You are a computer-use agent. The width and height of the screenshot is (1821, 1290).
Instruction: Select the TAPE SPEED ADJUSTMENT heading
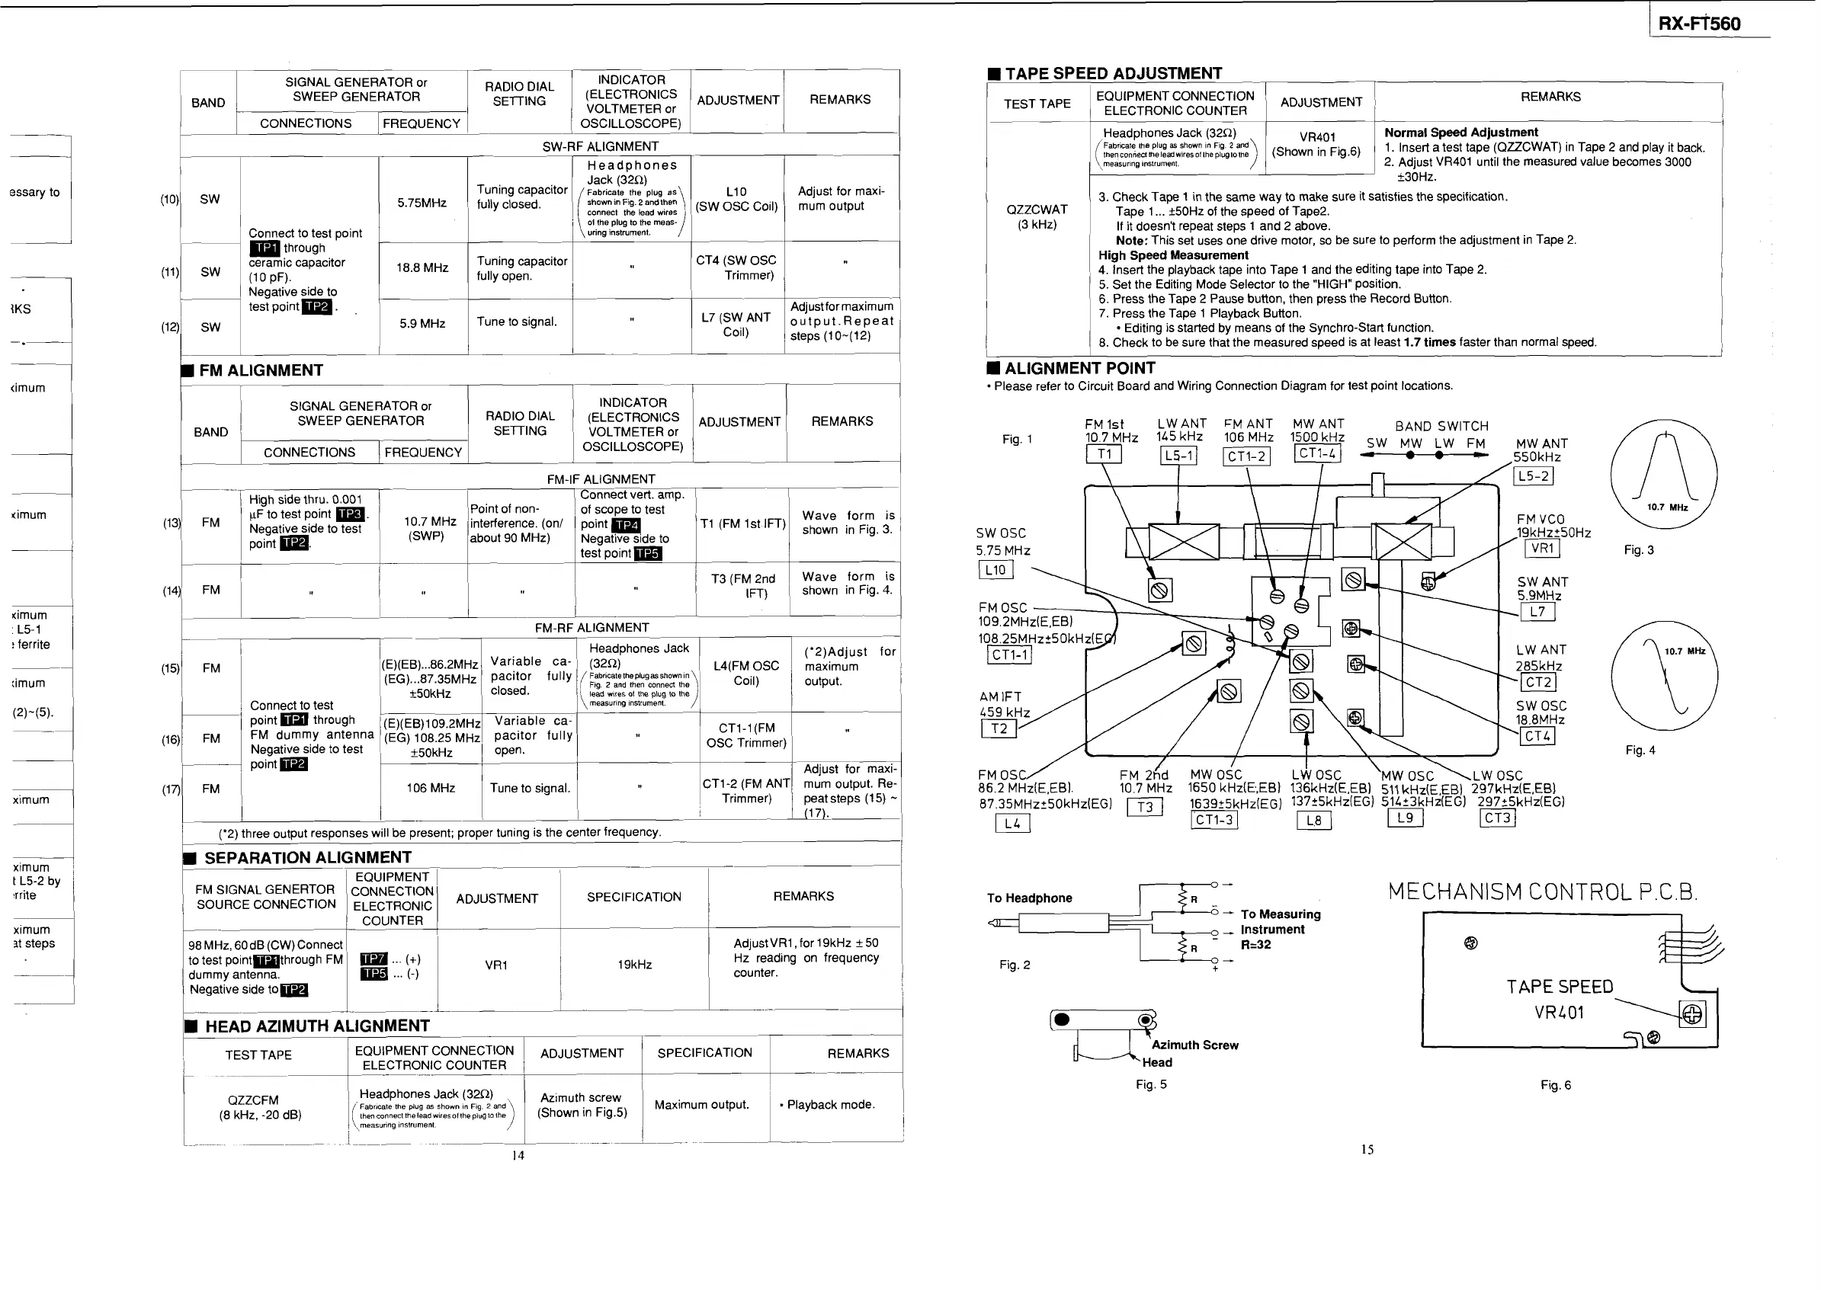1113,74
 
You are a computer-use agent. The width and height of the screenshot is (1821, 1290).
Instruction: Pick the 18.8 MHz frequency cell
423,268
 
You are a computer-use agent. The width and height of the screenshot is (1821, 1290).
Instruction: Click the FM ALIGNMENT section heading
261,371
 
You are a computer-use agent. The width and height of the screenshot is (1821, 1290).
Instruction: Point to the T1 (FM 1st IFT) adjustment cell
742,524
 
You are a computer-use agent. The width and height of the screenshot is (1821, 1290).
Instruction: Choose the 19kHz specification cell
634,965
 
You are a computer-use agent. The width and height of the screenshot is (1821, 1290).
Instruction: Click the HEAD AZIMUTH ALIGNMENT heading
317,1026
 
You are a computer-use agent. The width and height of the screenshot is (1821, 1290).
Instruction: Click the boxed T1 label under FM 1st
1104,454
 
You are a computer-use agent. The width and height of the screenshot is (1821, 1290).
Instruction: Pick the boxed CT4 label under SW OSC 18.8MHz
1537,736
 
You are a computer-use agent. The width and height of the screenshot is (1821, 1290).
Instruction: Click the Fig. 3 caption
1638,550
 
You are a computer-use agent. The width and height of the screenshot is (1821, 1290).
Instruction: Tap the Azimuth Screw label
1194,1045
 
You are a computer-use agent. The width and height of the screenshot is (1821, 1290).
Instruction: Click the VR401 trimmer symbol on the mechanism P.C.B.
1692,1014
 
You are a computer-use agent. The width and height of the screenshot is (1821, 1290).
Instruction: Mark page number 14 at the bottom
518,1156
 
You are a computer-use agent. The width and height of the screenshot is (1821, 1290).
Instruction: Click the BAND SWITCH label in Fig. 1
1441,427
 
